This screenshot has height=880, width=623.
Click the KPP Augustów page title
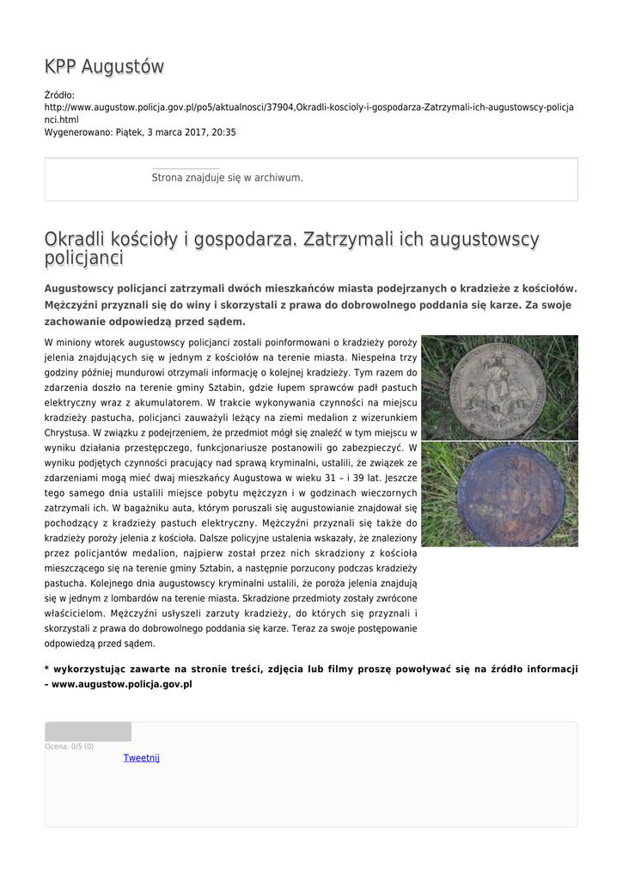pos(104,66)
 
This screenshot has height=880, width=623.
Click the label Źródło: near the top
pos(59,95)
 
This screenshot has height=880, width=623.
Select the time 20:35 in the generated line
pos(223,132)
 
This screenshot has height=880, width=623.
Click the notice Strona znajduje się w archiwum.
pos(227,178)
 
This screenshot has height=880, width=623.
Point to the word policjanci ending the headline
pos(83,259)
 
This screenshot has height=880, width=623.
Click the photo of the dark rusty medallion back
pos(498,494)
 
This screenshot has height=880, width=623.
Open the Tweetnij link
pos(141,758)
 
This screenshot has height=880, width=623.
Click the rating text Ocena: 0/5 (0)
pos(70,746)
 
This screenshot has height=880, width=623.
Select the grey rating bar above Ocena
pos(88,731)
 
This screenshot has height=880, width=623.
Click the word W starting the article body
pos(48,342)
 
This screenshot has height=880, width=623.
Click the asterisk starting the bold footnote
pos(46,669)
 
